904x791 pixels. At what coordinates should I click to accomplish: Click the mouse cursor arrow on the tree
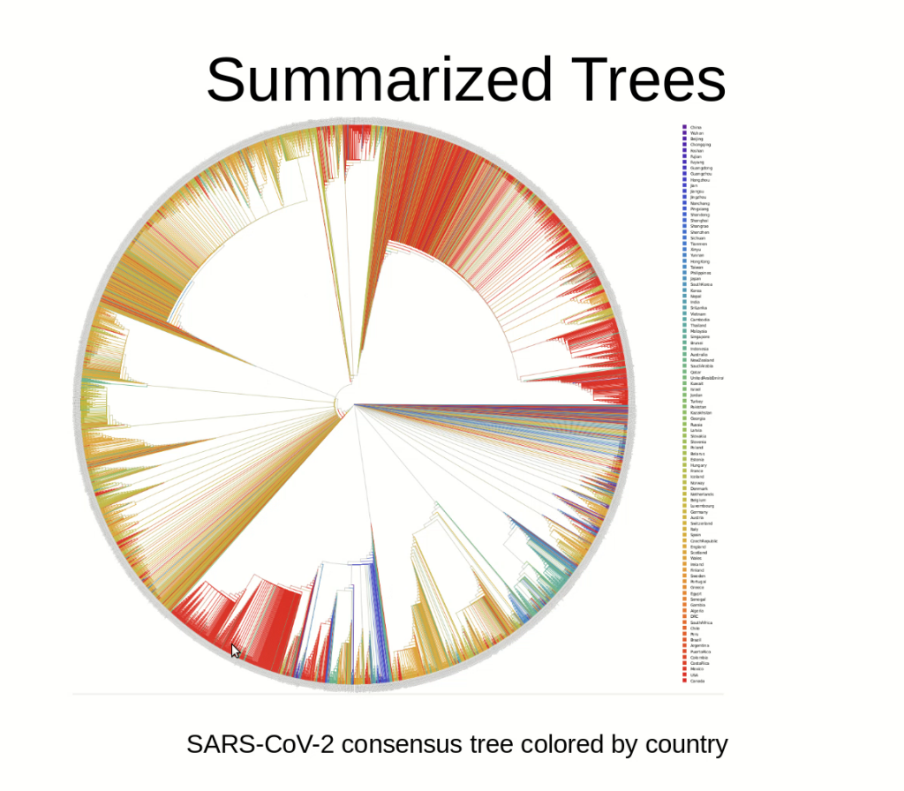coord(235,651)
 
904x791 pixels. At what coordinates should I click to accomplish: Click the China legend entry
coord(695,127)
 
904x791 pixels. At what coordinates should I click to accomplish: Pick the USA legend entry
coord(694,675)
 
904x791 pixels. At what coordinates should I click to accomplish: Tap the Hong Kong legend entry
coord(698,261)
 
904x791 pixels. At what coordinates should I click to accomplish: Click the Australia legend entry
coord(698,355)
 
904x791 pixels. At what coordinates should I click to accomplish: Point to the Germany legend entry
coord(698,512)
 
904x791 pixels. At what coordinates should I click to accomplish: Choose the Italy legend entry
coord(695,529)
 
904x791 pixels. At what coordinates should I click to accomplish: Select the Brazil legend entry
coord(695,640)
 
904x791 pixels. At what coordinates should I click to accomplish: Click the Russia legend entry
coord(697,425)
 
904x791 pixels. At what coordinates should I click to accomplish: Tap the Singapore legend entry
coord(699,337)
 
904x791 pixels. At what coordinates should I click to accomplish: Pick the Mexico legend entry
coord(697,669)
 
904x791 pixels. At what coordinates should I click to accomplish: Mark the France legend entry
coord(697,471)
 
